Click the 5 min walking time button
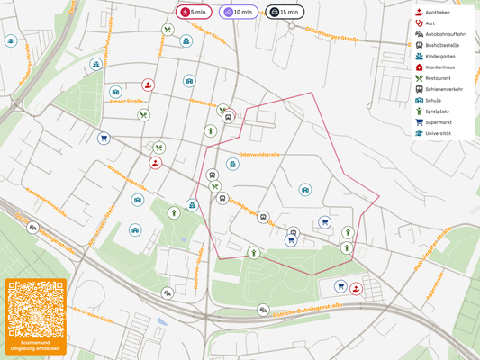tap(195, 13)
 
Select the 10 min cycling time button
tap(239, 13)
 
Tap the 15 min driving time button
tap(285, 13)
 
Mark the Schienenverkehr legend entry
tap(443, 89)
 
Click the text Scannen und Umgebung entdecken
tap(34, 346)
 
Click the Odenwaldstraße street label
tap(259, 155)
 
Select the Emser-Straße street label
tap(129, 102)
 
